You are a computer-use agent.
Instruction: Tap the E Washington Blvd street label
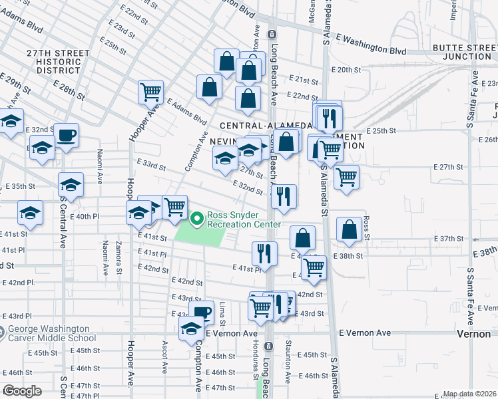tap(371, 44)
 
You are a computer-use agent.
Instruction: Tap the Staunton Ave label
tap(288, 360)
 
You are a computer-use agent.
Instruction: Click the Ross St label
tap(367, 233)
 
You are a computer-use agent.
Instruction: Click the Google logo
tap(22, 391)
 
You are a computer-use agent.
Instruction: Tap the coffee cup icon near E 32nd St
tap(67, 136)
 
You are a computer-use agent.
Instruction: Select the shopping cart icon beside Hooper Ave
tap(151, 92)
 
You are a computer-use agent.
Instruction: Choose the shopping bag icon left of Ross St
tap(350, 229)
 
